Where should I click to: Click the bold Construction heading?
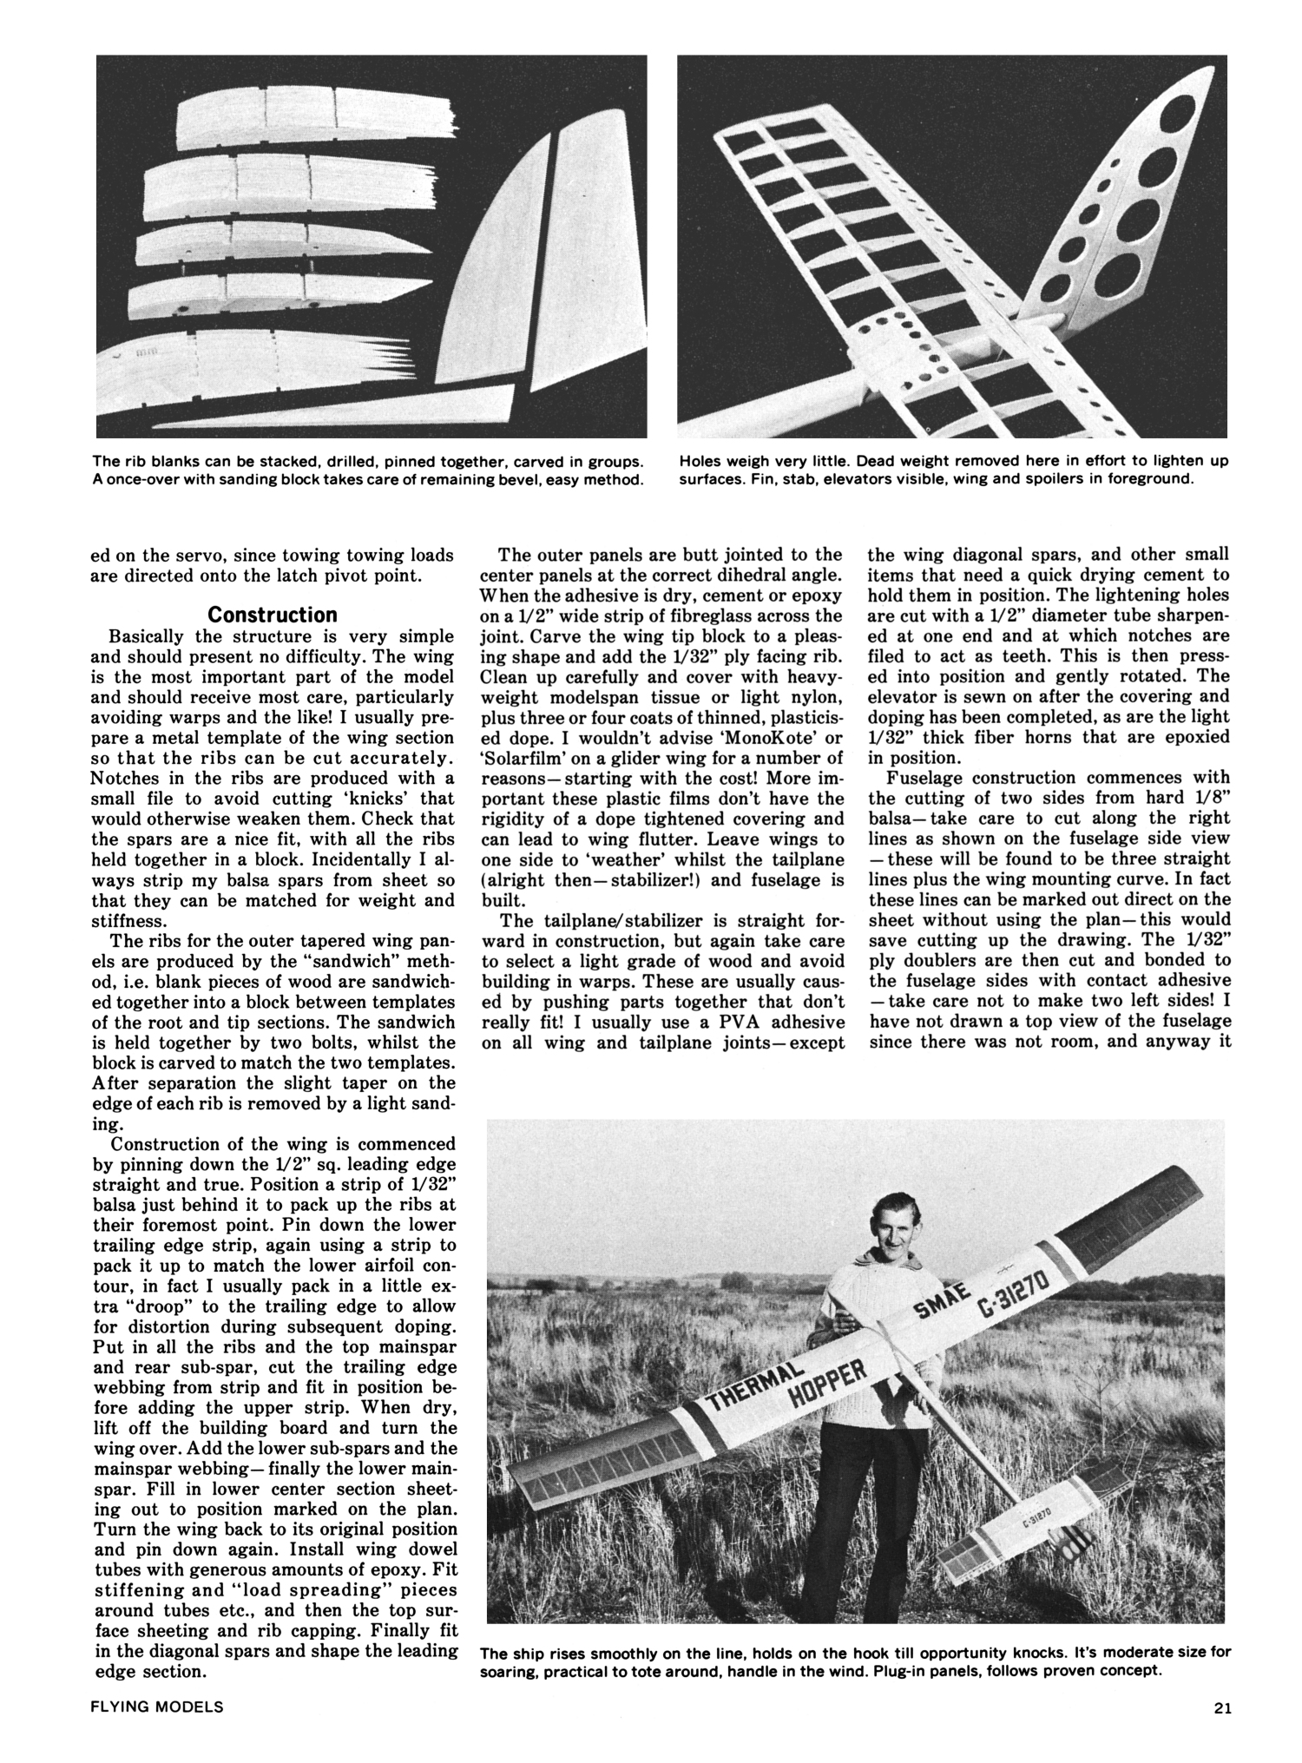[x=273, y=615]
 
